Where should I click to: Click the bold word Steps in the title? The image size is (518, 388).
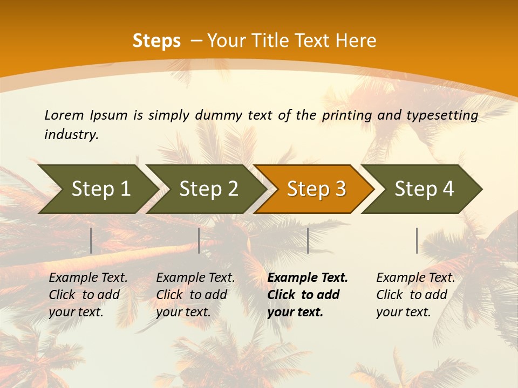pyautogui.click(x=156, y=41)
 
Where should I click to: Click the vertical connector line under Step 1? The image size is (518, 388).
pyautogui.click(x=91, y=240)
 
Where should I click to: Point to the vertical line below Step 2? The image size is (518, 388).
pyautogui.click(x=199, y=240)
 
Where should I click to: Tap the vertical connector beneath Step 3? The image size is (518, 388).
pyautogui.click(x=308, y=240)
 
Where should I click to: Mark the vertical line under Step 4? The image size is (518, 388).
pyautogui.click(x=417, y=240)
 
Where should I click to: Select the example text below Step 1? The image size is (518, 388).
pyautogui.click(x=88, y=294)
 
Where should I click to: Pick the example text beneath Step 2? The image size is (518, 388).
pyautogui.click(x=195, y=294)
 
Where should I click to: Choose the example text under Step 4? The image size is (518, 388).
pyautogui.click(x=415, y=294)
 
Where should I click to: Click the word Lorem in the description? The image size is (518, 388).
pyautogui.click(x=64, y=115)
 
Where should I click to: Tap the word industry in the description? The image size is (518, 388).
pyautogui.click(x=71, y=135)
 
